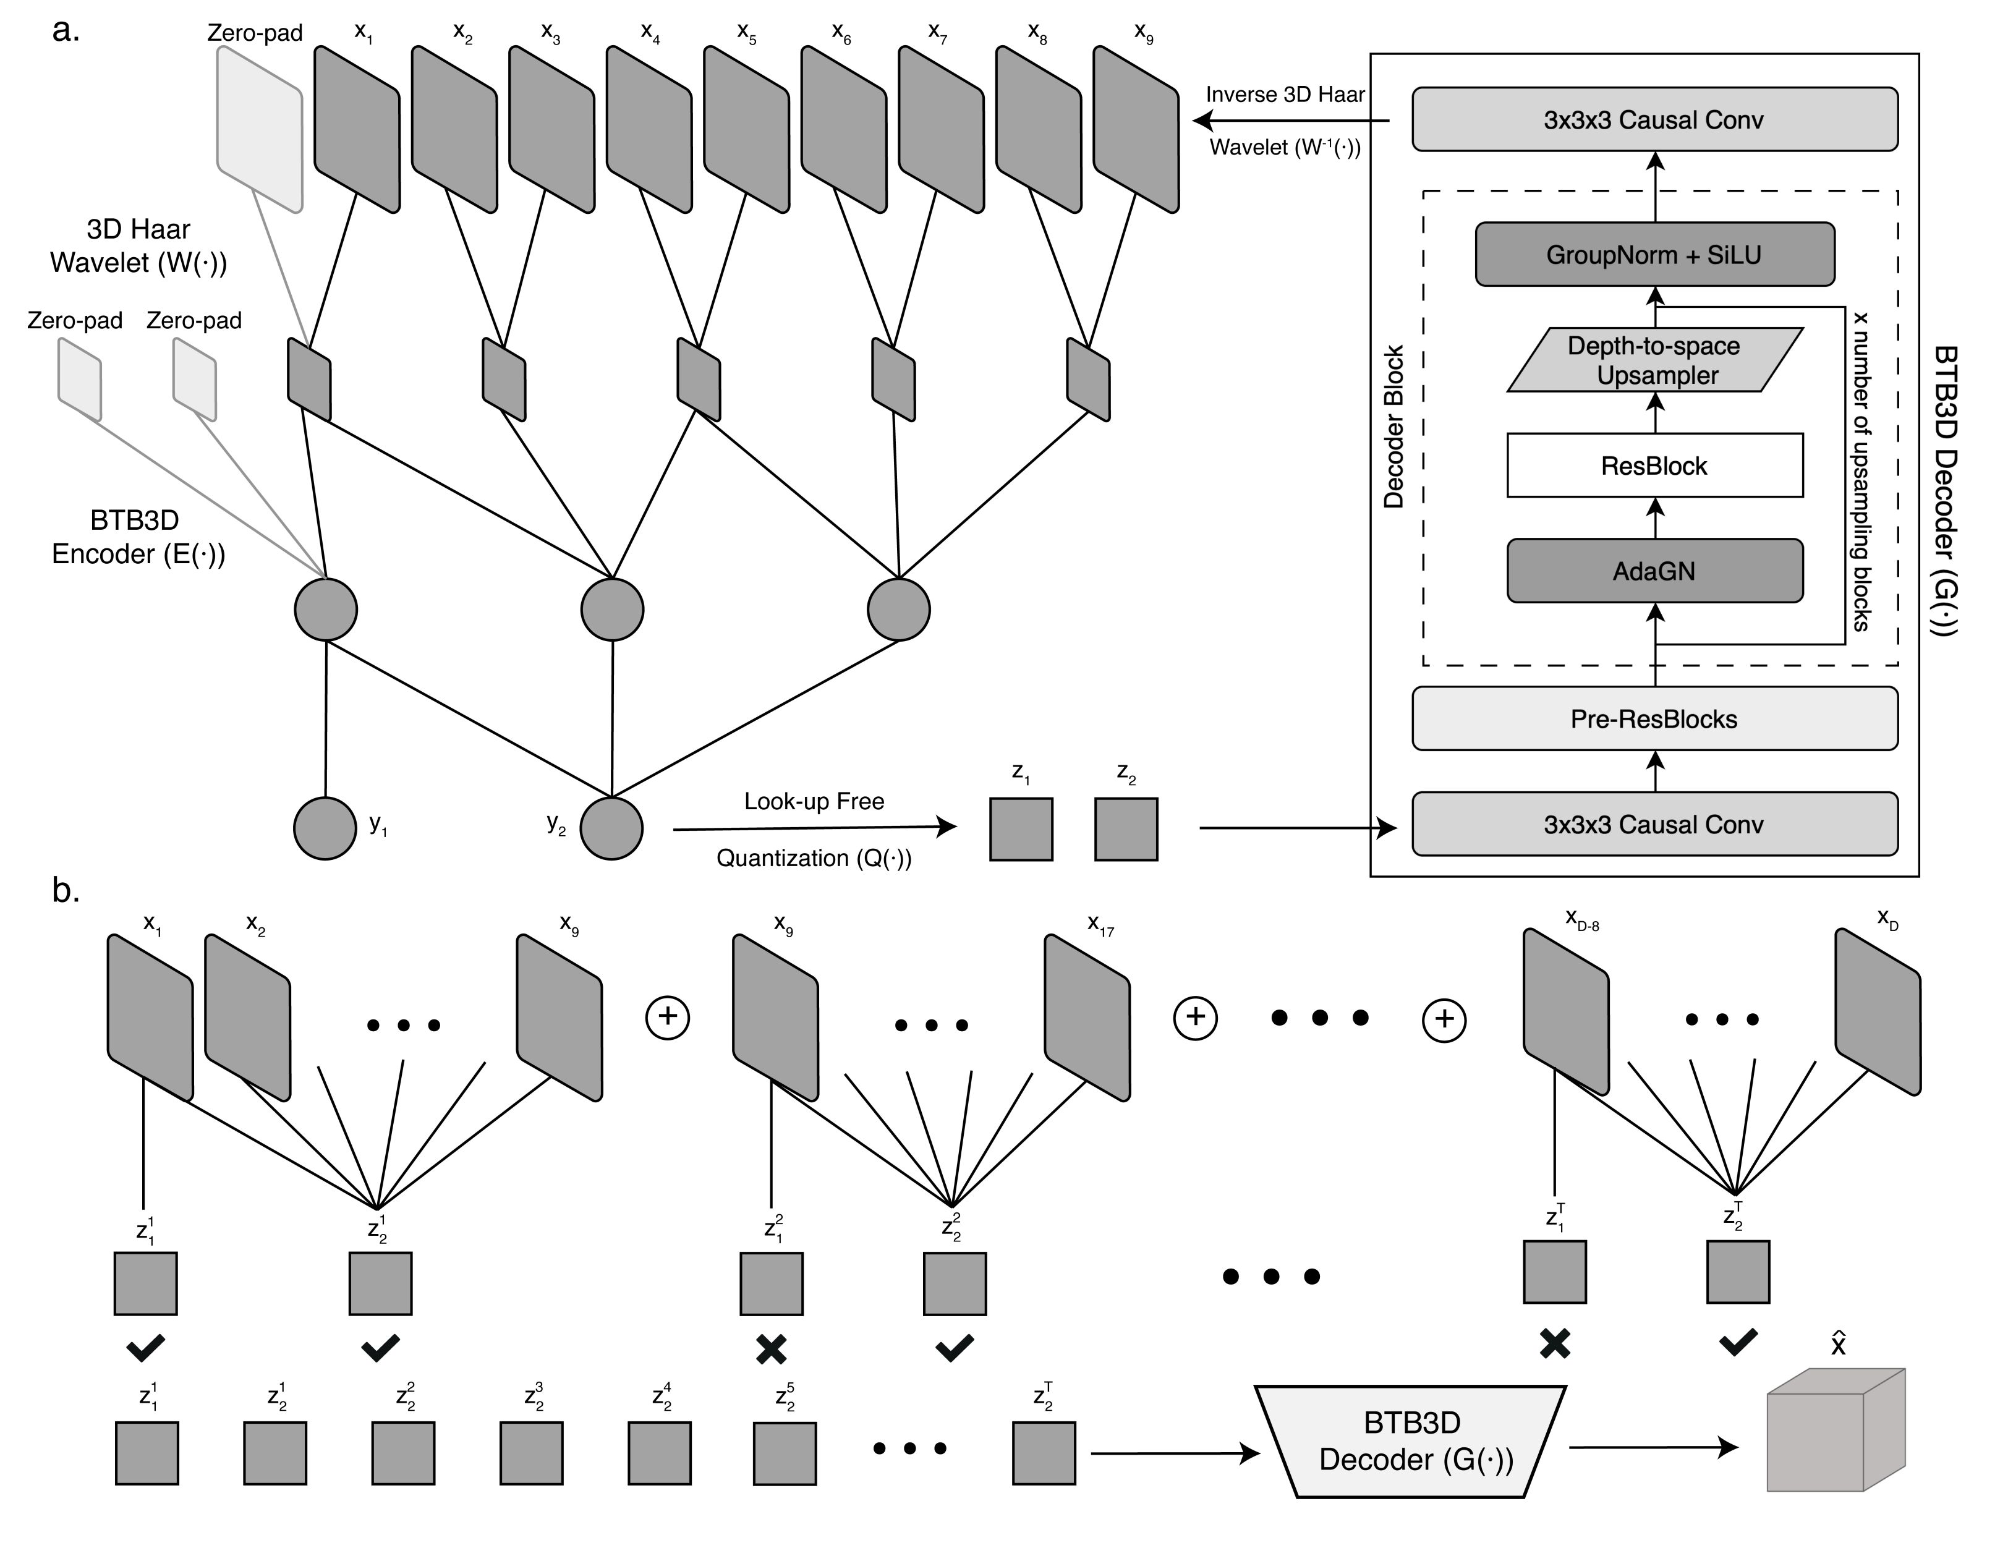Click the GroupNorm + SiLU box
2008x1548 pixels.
coord(1654,255)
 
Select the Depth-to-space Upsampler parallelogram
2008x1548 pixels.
coord(1654,360)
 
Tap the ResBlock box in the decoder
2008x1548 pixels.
coord(1654,466)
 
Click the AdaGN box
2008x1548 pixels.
coord(1654,571)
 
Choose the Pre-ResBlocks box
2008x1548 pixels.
coord(1654,719)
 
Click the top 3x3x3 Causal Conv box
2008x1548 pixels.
coord(1654,119)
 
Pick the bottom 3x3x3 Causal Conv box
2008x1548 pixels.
coord(1654,825)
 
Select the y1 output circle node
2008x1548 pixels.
coord(325,828)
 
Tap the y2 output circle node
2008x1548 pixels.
coord(611,828)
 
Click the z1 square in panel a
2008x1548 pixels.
coord(1021,829)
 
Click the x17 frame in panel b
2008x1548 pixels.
coord(1087,1017)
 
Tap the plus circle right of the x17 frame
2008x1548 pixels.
coord(1195,1017)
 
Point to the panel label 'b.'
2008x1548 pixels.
coord(66,890)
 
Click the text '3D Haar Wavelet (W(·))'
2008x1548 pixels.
coord(138,245)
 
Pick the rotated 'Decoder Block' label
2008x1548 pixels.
coord(1394,427)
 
